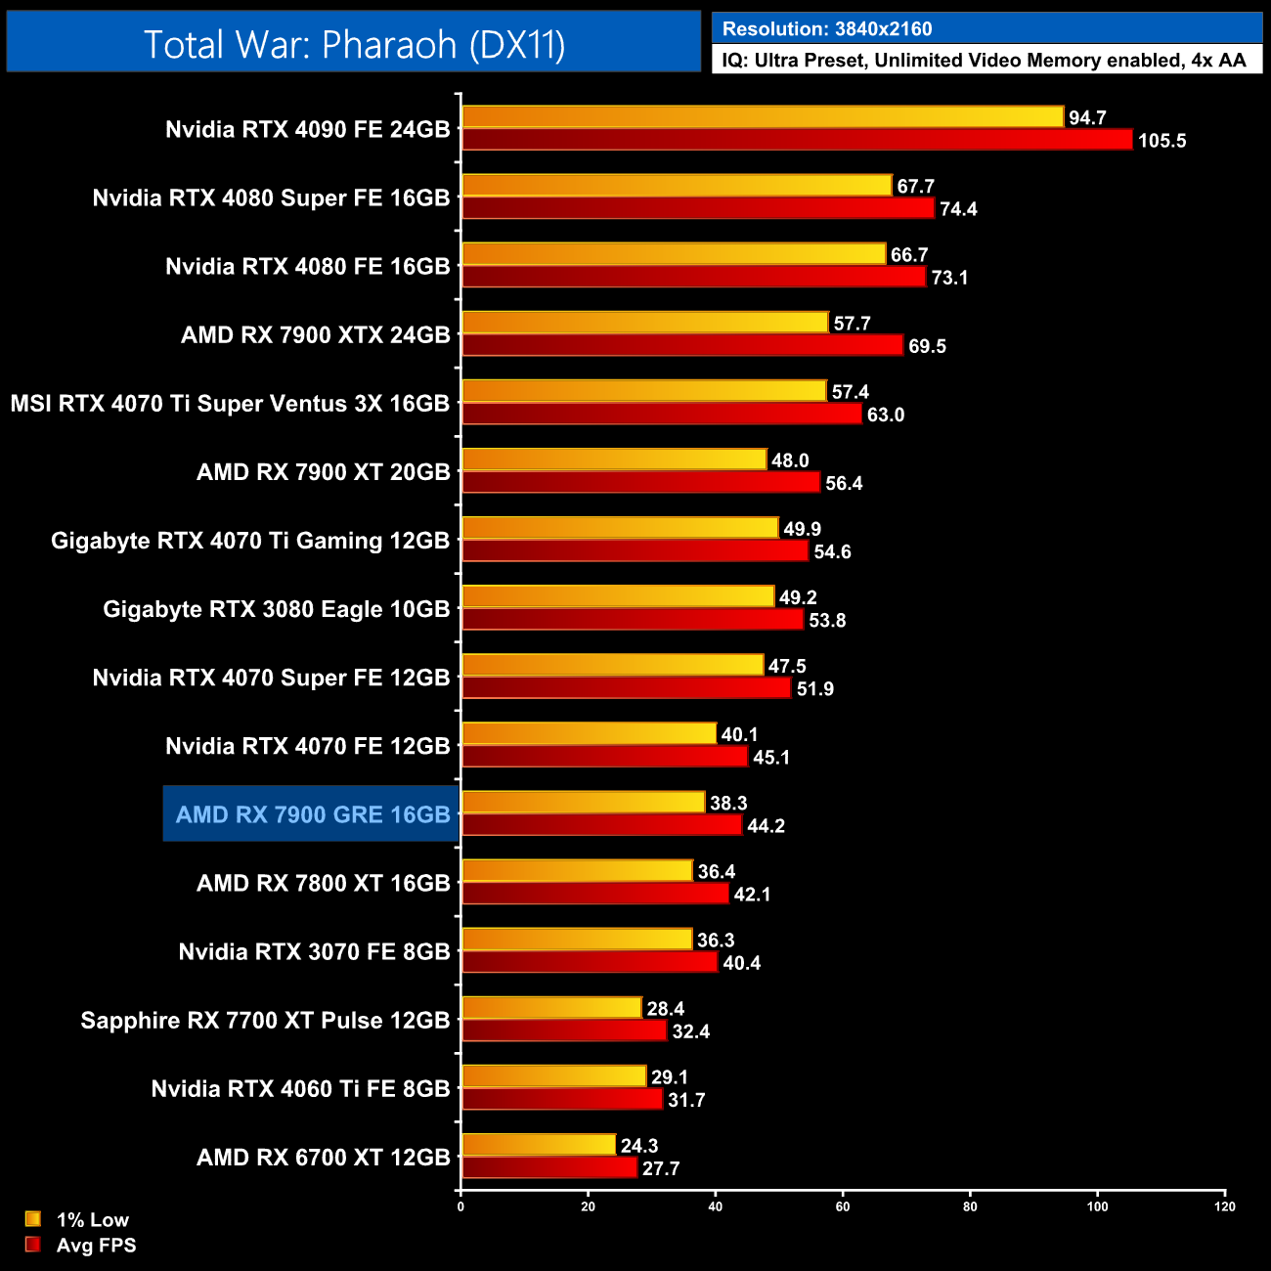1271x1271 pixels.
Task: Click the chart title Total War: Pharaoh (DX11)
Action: pyautogui.click(x=354, y=44)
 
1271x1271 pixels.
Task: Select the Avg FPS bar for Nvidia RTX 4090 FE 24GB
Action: pyautogui.click(x=797, y=140)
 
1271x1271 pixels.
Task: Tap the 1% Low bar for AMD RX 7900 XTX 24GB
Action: pyautogui.click(x=645, y=323)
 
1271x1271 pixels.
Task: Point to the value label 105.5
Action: pyautogui.click(x=1161, y=141)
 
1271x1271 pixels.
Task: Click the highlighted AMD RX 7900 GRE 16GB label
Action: pyautogui.click(x=313, y=814)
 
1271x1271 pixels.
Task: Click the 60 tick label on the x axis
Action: pyautogui.click(x=843, y=1206)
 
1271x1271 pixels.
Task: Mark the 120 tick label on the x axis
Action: pyautogui.click(x=1225, y=1206)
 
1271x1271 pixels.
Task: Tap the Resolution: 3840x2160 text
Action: pyautogui.click(x=827, y=29)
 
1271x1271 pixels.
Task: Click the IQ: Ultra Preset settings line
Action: pyautogui.click(x=985, y=61)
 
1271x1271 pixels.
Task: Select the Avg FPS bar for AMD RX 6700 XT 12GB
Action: pyautogui.click(x=549, y=1167)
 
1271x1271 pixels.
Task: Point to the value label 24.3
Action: pyautogui.click(x=639, y=1146)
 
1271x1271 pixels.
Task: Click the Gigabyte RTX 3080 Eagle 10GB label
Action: pyautogui.click(x=276, y=609)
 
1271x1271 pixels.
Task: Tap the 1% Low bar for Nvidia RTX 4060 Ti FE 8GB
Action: pyautogui.click(x=554, y=1076)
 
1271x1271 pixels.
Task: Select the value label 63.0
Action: pyautogui.click(x=886, y=415)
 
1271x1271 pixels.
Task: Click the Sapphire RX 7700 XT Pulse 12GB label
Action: pyautogui.click(x=265, y=1020)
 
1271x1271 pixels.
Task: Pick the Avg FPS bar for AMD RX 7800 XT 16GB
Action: pyautogui.click(x=595, y=894)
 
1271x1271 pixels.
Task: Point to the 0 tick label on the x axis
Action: pyautogui.click(x=460, y=1206)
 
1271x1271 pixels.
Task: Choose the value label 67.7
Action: pyautogui.click(x=916, y=187)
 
